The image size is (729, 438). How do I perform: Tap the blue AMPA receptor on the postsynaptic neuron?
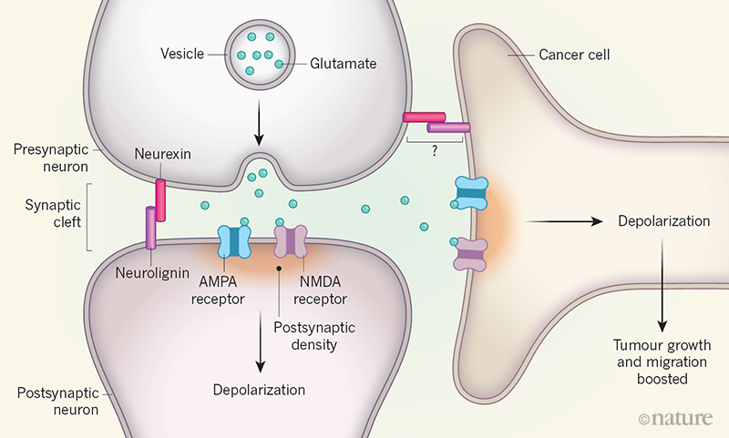(235, 242)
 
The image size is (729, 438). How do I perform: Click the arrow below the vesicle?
(259, 129)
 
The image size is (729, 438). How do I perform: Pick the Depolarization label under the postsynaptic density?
(259, 389)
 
